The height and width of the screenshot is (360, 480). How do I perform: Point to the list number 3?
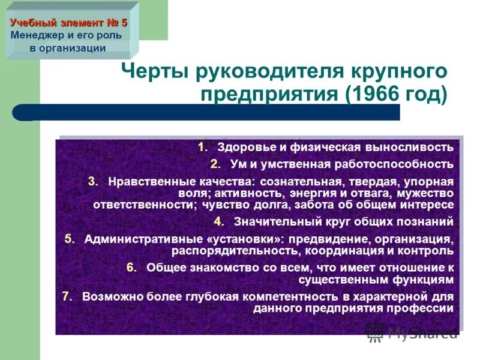[x=93, y=181]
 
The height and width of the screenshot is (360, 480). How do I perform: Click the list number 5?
[x=70, y=239]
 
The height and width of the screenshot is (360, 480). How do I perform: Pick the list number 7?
[x=67, y=296]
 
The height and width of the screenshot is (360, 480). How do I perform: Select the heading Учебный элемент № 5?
[x=68, y=23]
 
